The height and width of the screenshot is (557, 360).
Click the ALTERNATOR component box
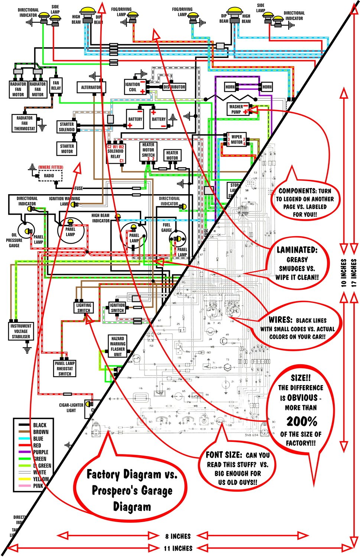(x=91, y=87)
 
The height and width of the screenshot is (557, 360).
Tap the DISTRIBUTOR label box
(x=174, y=87)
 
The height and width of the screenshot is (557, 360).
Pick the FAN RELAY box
(x=56, y=86)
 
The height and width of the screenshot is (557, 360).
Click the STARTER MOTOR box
(x=67, y=149)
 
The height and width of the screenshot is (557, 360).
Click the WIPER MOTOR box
(x=237, y=140)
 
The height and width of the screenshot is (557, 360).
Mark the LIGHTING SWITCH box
(x=84, y=308)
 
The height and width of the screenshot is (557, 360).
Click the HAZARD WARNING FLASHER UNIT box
(x=117, y=346)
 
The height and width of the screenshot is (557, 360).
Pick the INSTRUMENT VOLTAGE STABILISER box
(x=21, y=331)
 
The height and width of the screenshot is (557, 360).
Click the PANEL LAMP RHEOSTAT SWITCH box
(x=65, y=369)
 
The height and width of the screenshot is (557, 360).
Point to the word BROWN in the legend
(x=41, y=432)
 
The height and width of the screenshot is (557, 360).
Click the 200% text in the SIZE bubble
(x=302, y=421)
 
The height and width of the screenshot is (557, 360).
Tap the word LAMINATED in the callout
(x=297, y=250)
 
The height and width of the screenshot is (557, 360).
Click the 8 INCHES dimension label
(x=178, y=536)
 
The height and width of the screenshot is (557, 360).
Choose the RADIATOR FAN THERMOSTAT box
(x=25, y=123)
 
